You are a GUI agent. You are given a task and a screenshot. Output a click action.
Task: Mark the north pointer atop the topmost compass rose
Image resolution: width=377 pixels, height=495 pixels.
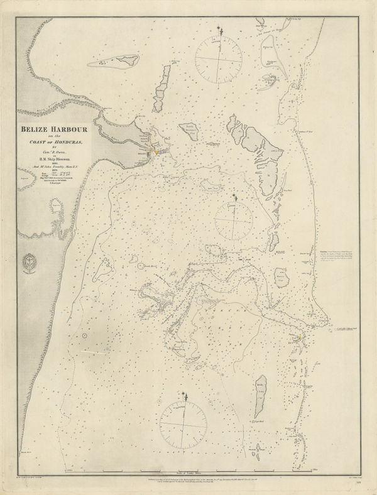click(x=219, y=30)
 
